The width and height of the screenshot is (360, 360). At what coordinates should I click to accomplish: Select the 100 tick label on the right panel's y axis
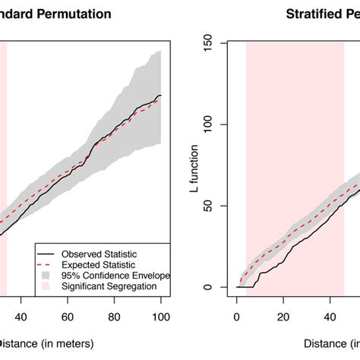point(216,125)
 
